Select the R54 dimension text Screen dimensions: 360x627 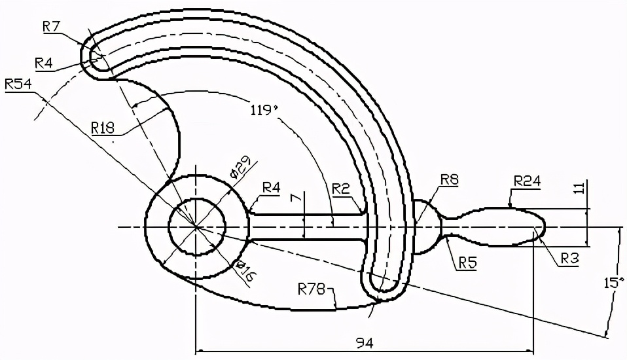tap(18, 84)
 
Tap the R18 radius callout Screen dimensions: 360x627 tap(103, 127)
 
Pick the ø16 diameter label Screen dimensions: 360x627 tap(243, 270)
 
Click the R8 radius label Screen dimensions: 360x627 tap(449, 179)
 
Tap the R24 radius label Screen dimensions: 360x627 tap(527, 181)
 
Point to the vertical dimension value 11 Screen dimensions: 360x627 tap(578, 189)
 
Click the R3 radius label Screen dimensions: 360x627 tap(570, 259)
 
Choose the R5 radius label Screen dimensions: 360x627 tap(467, 262)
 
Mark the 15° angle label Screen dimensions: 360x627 tap(612, 283)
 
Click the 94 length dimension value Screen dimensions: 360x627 tap(364, 342)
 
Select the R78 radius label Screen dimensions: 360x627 tap(311, 287)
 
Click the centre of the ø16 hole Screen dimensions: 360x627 tap(196, 226)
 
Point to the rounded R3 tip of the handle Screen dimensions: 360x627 tap(543, 226)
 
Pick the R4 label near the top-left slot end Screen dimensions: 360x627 tap(44, 63)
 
